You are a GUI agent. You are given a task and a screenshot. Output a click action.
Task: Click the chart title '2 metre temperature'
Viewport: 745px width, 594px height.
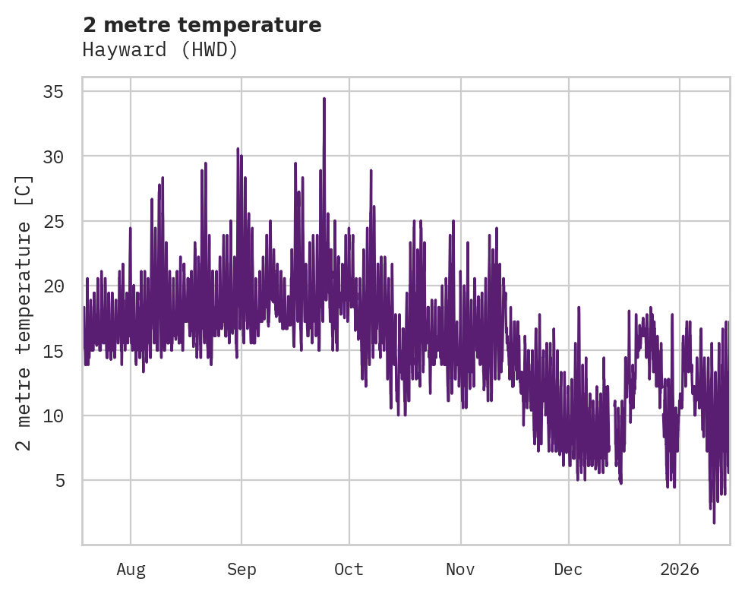(x=202, y=25)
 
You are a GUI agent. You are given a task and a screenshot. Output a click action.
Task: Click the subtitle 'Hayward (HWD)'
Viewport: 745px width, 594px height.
(x=160, y=50)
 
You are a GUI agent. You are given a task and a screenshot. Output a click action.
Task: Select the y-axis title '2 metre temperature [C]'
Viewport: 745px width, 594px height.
(x=24, y=312)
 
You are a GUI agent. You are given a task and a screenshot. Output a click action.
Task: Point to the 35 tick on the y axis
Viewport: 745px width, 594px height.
(x=53, y=92)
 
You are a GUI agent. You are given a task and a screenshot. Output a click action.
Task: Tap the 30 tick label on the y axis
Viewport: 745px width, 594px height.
(x=53, y=156)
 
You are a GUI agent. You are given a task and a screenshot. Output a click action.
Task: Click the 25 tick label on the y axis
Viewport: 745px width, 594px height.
(x=53, y=222)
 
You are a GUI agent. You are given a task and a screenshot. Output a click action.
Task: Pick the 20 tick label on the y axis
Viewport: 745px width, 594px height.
(x=53, y=286)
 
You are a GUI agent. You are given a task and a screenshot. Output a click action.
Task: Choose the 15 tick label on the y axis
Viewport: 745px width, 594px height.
(x=53, y=351)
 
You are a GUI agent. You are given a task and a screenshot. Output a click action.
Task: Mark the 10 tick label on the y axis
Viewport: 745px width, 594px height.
(x=53, y=416)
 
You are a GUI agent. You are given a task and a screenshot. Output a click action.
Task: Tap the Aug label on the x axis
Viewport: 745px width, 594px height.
(x=131, y=569)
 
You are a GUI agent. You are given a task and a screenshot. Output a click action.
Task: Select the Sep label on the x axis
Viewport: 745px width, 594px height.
(x=241, y=569)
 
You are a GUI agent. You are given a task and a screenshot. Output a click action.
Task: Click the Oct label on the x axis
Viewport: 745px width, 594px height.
(x=349, y=569)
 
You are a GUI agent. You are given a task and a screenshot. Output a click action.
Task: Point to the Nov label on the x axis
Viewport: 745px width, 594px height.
(x=460, y=569)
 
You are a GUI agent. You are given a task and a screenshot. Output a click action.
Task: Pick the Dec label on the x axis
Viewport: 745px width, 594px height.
(x=568, y=569)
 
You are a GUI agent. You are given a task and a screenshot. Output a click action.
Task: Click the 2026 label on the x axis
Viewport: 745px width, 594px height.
(x=680, y=569)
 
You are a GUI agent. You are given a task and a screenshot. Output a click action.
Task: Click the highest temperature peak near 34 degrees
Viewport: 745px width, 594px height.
(x=324, y=99)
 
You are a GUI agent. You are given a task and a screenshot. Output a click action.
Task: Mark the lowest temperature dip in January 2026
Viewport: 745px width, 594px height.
(x=714, y=522)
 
